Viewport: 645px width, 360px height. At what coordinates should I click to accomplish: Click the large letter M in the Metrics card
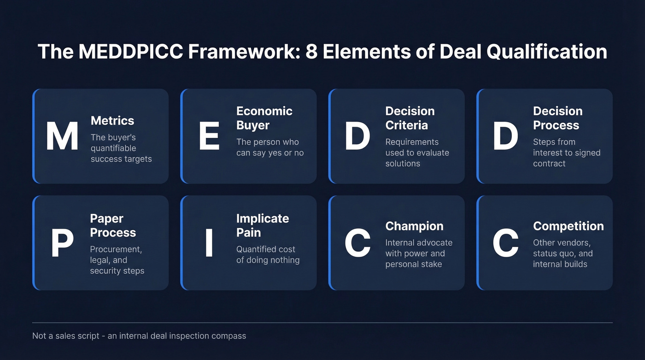coord(62,136)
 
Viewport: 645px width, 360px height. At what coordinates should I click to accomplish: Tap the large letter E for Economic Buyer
coord(209,136)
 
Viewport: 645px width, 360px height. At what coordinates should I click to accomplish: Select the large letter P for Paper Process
coord(62,243)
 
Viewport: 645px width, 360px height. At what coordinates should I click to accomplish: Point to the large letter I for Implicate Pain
coord(209,243)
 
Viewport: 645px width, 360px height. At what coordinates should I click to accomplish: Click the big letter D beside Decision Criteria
coord(358,136)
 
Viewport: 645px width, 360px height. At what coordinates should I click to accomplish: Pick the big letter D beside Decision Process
coord(505,136)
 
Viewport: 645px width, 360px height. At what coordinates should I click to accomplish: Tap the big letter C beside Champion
coord(358,243)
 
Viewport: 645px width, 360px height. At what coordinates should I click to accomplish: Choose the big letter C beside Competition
coord(505,243)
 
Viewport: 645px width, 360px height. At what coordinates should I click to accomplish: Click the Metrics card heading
coord(112,121)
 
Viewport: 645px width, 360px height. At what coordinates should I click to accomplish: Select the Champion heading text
coord(414,226)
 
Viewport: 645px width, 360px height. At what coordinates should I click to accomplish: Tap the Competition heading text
coord(568,226)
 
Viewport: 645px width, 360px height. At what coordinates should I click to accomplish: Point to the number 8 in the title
coord(312,52)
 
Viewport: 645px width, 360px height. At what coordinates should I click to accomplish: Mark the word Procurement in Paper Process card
coord(116,249)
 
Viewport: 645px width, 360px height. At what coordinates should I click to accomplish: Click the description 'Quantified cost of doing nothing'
coord(268,255)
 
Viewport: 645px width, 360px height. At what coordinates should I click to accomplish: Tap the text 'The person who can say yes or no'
coord(270,148)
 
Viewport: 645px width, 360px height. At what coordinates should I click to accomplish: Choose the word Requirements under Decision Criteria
coord(412,142)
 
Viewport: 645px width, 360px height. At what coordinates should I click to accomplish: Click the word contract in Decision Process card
coord(549,164)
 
